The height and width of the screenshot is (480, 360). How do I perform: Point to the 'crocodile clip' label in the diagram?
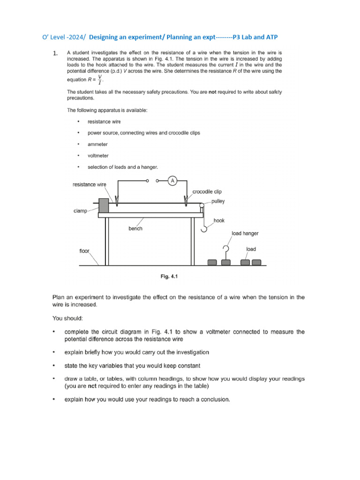click(x=207, y=192)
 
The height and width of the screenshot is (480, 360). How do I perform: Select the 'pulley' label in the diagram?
click(x=217, y=201)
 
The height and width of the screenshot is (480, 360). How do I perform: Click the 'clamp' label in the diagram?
click(x=80, y=211)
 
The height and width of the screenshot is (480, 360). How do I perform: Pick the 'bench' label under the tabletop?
click(x=135, y=229)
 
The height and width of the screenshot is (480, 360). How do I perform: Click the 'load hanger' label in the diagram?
click(x=245, y=233)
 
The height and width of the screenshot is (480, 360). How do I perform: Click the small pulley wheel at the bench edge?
click(x=202, y=205)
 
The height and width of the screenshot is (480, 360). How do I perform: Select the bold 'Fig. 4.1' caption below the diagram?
click(x=169, y=277)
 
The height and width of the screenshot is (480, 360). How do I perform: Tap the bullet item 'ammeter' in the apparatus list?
click(x=97, y=144)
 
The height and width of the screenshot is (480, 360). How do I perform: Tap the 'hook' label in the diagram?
click(x=219, y=220)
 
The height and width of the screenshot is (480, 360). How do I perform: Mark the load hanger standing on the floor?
click(x=226, y=255)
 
